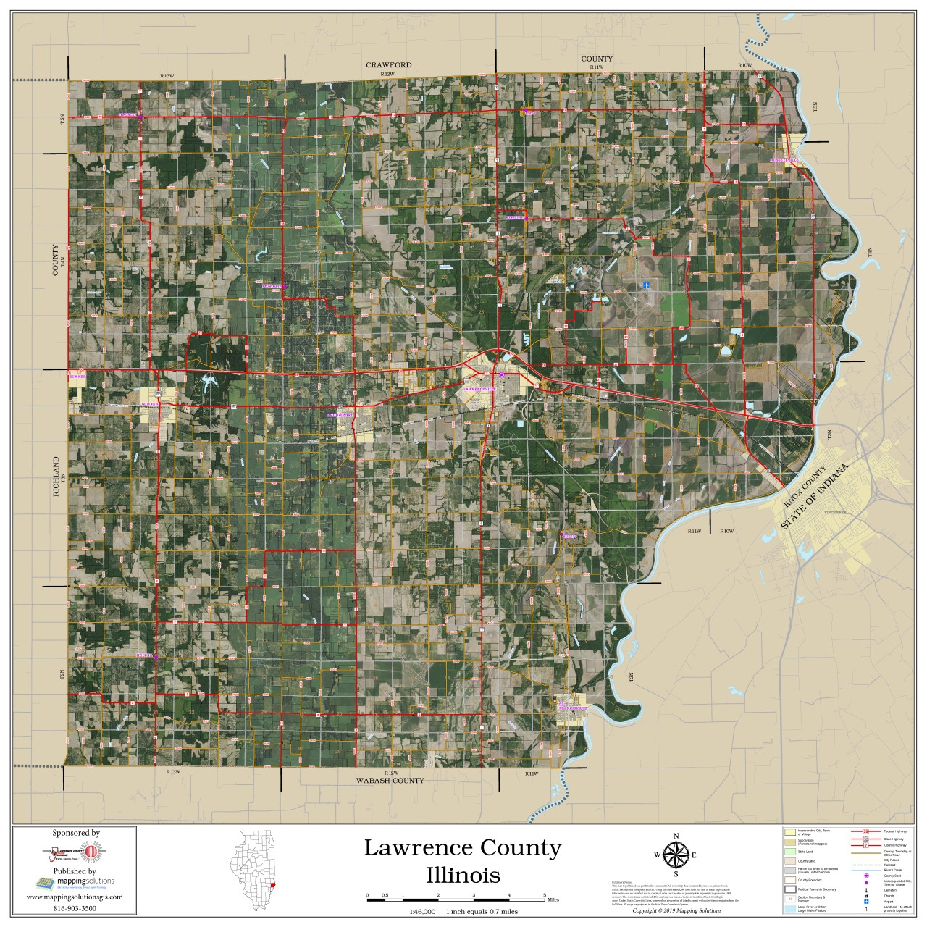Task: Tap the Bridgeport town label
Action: click(x=340, y=415)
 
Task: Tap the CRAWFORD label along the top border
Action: click(x=389, y=65)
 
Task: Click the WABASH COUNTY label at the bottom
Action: click(x=390, y=781)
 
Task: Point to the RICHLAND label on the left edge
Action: click(x=55, y=477)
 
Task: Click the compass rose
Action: click(x=676, y=855)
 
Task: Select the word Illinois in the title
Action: click(x=463, y=875)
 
